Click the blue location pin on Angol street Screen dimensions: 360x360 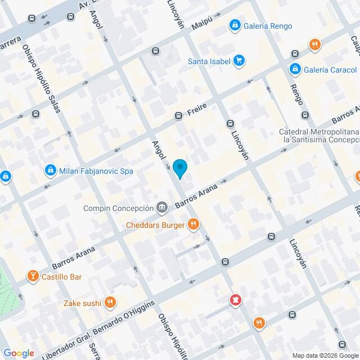pyautogui.click(x=179, y=168)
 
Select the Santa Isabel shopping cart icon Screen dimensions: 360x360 pyautogui.click(x=239, y=61)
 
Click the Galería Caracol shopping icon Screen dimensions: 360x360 pyautogui.click(x=295, y=69)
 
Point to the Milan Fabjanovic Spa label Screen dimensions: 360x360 pyautogui.click(x=96, y=170)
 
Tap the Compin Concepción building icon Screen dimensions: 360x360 pyautogui.click(x=162, y=207)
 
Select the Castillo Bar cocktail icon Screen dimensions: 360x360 pyautogui.click(x=33, y=276)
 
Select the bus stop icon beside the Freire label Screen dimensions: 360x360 pyautogui.click(x=178, y=116)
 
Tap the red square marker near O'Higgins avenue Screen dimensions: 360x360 pyautogui.click(x=235, y=301)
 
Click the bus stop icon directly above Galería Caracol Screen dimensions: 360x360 pyautogui.click(x=295, y=54)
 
